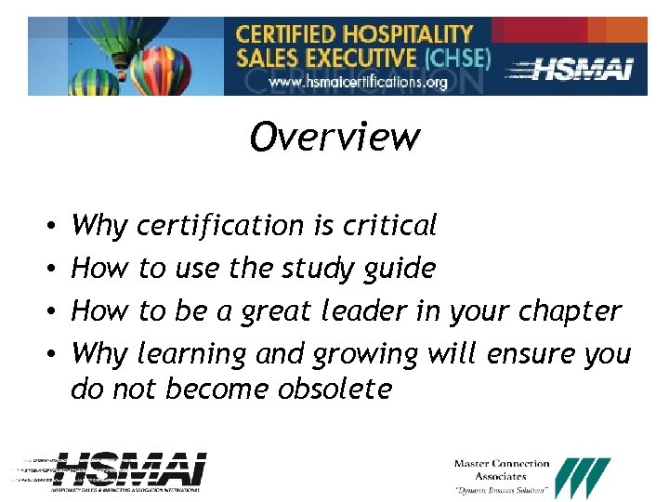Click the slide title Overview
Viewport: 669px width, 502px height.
(x=334, y=138)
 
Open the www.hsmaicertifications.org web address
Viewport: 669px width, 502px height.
(x=358, y=82)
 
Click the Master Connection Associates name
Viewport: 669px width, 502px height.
(x=502, y=470)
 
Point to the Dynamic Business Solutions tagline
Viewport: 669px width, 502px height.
(x=501, y=490)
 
